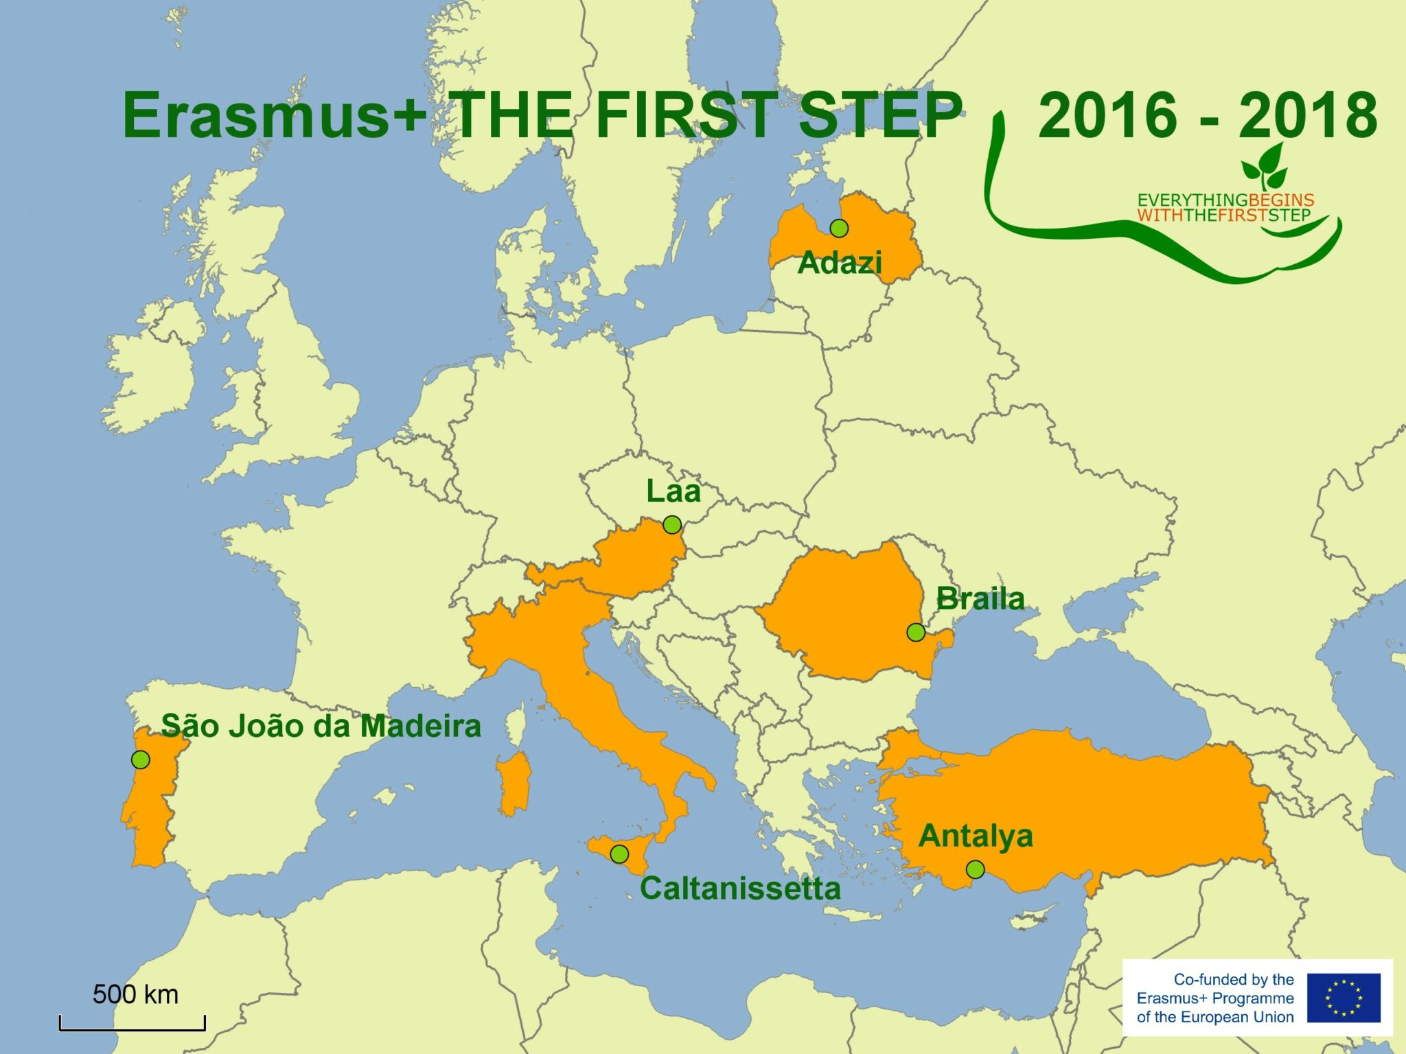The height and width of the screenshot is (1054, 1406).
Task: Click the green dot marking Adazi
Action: pyautogui.click(x=838, y=228)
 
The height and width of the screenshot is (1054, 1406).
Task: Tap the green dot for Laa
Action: pyautogui.click(x=672, y=525)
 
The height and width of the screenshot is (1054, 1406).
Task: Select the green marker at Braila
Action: pyautogui.click(x=916, y=632)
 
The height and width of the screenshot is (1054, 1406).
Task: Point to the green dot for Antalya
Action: pyautogui.click(x=975, y=869)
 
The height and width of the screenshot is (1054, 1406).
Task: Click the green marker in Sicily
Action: pyautogui.click(x=619, y=854)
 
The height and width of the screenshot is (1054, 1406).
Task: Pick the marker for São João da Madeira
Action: pyautogui.click(x=140, y=760)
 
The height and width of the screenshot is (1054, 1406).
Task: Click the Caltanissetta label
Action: pyautogui.click(x=740, y=889)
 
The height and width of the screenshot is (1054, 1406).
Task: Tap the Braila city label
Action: pyautogui.click(x=980, y=599)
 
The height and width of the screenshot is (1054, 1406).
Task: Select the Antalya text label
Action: pyautogui.click(x=976, y=836)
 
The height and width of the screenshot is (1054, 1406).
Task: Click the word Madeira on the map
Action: pyautogui.click(x=421, y=726)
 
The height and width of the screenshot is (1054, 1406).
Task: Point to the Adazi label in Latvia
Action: pyautogui.click(x=840, y=263)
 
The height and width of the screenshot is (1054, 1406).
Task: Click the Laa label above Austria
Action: pyautogui.click(x=673, y=491)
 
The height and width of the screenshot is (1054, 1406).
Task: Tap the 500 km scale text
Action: pyautogui.click(x=135, y=994)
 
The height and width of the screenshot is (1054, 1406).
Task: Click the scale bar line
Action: pyautogui.click(x=132, y=1029)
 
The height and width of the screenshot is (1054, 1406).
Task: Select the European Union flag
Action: pyautogui.click(x=1343, y=998)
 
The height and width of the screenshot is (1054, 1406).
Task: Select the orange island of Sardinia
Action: pyautogui.click(x=514, y=783)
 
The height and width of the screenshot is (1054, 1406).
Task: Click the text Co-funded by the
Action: pyautogui.click(x=1233, y=979)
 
